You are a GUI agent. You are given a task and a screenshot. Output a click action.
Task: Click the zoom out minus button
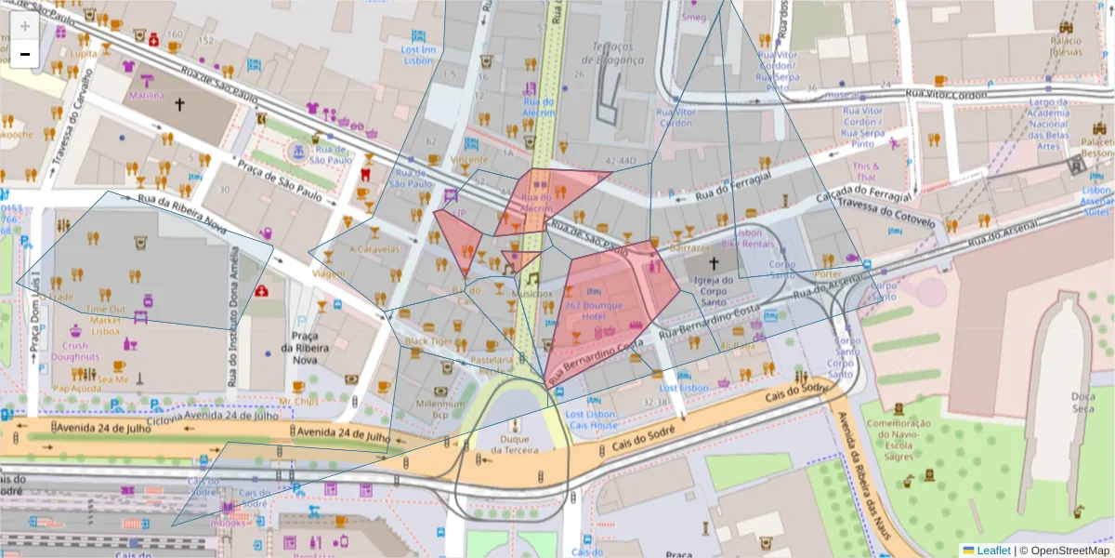[25, 54]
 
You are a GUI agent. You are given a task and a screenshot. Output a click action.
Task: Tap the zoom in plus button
[25, 26]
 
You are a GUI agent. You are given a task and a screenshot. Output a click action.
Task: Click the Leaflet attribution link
[991, 550]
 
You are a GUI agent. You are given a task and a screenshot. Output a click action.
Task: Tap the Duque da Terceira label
[514, 444]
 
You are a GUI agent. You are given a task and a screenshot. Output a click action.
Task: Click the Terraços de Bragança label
[610, 53]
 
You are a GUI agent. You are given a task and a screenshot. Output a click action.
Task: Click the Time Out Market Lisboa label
[105, 320]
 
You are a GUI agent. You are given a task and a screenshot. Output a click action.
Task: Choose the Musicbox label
[531, 293]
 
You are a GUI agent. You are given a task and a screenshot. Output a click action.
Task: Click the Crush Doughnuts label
[70, 351]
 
